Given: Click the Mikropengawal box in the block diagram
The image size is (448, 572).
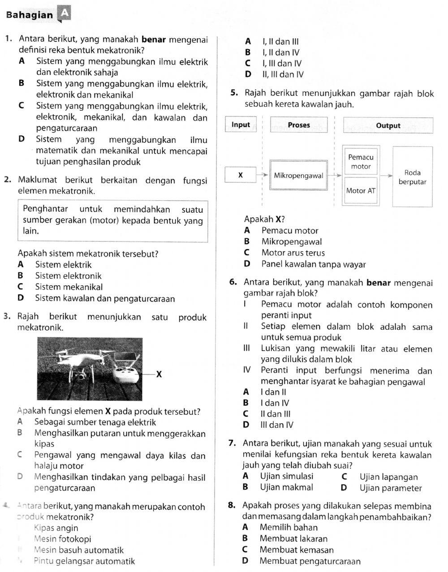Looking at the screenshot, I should (x=298, y=176).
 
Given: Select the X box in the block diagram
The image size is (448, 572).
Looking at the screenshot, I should (x=241, y=175).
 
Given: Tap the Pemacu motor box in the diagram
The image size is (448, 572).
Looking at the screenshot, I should (x=361, y=162).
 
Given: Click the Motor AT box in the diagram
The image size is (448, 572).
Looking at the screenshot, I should (x=361, y=191).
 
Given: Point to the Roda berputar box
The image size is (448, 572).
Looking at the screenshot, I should (x=412, y=177).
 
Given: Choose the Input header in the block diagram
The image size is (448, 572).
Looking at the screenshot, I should (x=241, y=125).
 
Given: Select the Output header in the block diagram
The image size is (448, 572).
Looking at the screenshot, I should (x=388, y=125).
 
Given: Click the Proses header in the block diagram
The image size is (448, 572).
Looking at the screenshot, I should (x=299, y=125).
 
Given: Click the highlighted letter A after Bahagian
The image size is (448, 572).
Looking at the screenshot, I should (x=64, y=14).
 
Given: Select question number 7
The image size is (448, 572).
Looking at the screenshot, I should (x=232, y=444).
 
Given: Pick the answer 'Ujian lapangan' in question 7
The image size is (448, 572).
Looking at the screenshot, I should (x=388, y=477).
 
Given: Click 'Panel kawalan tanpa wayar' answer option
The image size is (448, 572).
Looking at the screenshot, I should (x=314, y=264).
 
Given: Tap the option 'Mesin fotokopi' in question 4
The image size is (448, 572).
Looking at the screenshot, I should (x=62, y=539).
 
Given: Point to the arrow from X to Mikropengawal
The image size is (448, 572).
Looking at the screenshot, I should (x=263, y=176).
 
